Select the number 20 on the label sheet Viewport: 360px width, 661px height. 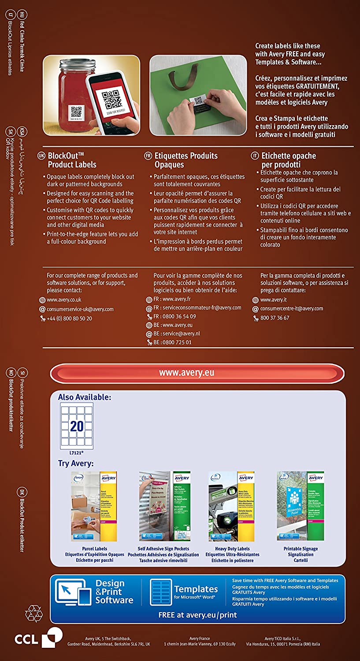(77, 426)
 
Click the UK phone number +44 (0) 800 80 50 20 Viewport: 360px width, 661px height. (70, 318)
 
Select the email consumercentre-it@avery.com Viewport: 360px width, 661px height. (291, 308)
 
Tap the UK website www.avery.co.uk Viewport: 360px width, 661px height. (64, 300)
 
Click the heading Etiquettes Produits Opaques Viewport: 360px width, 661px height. (186, 160)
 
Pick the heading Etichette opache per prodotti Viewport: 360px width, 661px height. (288, 160)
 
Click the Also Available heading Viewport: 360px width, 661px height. (85, 397)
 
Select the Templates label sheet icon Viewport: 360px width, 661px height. (161, 592)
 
